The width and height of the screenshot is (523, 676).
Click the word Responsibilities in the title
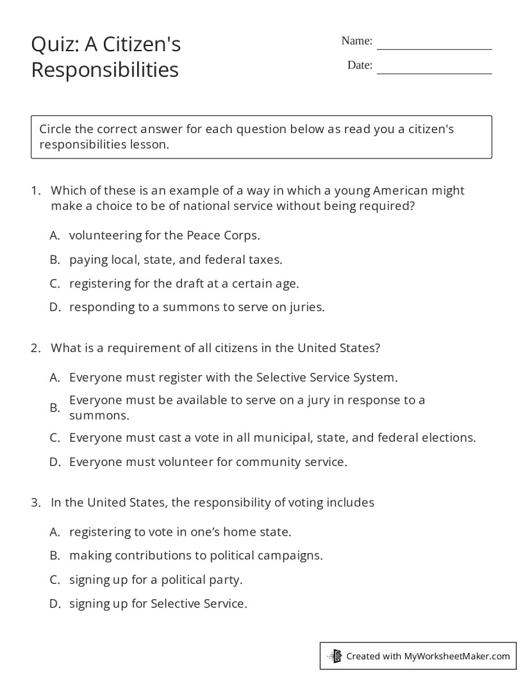click(x=104, y=69)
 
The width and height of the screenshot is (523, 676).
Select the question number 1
click(x=35, y=191)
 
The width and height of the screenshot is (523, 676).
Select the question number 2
click(x=35, y=348)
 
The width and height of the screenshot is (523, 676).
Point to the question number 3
click(x=35, y=503)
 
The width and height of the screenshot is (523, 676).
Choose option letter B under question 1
click(x=54, y=259)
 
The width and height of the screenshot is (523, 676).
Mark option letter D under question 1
click(x=54, y=307)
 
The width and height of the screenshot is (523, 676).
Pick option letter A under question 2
click(x=54, y=378)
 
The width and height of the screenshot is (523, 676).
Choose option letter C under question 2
click(x=54, y=438)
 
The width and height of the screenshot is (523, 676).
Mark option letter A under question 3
click(x=54, y=532)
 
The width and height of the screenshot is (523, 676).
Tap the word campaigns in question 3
click(x=292, y=556)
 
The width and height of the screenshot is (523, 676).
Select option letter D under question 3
click(x=54, y=604)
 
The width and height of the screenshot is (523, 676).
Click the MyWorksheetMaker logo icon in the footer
click(x=335, y=656)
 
